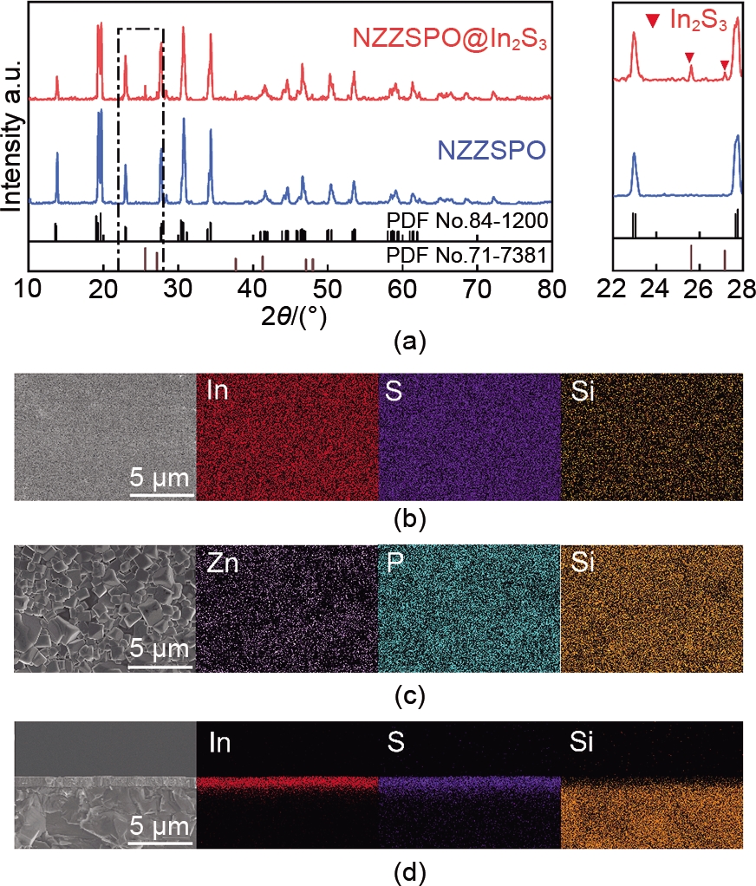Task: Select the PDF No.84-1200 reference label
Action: point(467,220)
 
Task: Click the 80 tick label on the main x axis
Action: point(551,287)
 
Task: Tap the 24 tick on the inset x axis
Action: point(656,287)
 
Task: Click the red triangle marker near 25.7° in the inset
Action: point(689,57)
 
